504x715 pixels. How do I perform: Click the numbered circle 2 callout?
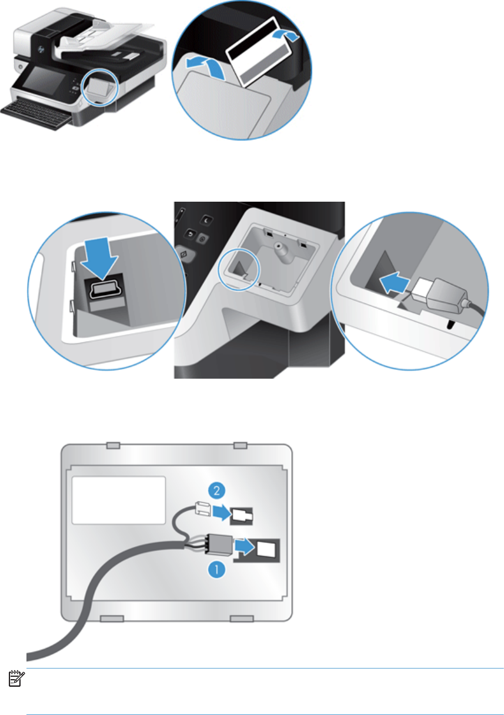(216, 490)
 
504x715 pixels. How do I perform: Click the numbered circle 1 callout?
(217, 569)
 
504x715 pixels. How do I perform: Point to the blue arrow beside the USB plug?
(395, 282)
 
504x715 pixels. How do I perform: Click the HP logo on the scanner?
(41, 49)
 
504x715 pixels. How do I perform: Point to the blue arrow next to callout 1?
(245, 548)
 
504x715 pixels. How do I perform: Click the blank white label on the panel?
(118, 500)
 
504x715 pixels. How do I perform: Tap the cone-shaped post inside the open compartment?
(280, 250)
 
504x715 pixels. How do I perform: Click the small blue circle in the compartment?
(239, 269)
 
